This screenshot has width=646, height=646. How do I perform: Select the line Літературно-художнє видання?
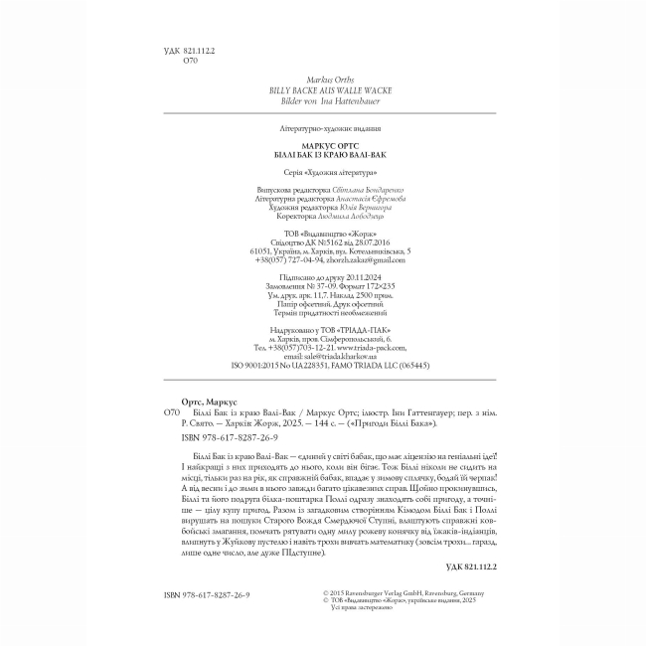point(324,129)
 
